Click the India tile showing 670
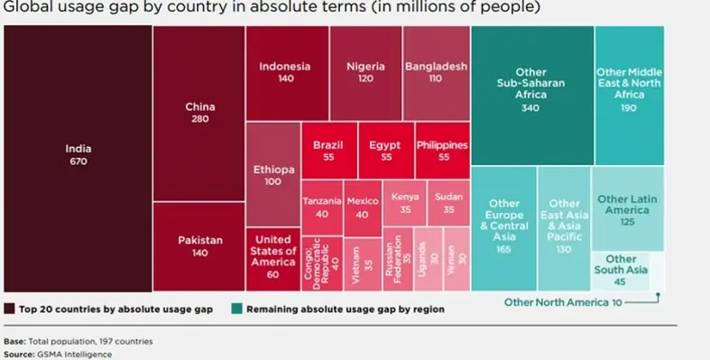coord(78,154)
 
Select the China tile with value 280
coord(199,113)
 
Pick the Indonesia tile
coord(285,72)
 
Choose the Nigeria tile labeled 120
coord(365,72)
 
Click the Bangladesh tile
coord(436,72)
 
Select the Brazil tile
coord(327,151)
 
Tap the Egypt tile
coord(385,151)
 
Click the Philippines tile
coord(442,151)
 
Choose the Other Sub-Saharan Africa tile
coord(531,90)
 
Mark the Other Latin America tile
coord(628,209)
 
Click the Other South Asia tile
coord(621,271)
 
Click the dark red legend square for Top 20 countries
coord(11,309)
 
